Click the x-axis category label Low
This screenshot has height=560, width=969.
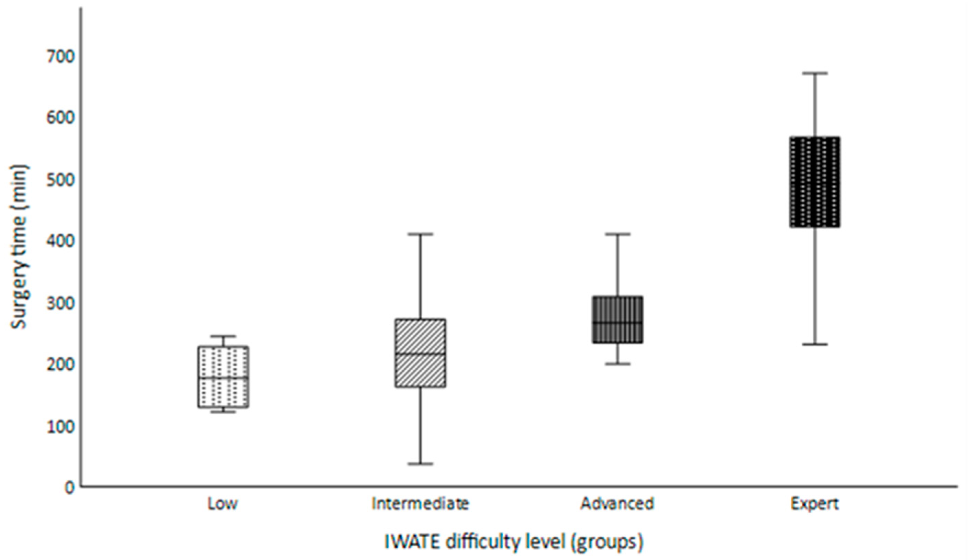click(223, 504)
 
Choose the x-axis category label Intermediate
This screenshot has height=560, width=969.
click(420, 504)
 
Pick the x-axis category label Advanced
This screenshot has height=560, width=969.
click(617, 504)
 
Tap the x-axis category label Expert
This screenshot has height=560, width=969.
click(814, 504)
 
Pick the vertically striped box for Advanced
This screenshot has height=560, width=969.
click(617, 311)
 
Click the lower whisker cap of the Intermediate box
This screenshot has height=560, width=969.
click(420, 464)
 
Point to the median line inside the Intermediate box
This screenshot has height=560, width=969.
click(420, 354)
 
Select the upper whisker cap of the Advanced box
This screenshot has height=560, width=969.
click(617, 234)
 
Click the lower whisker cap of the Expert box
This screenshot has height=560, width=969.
click(814, 344)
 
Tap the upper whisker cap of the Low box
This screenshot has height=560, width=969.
click(223, 336)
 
